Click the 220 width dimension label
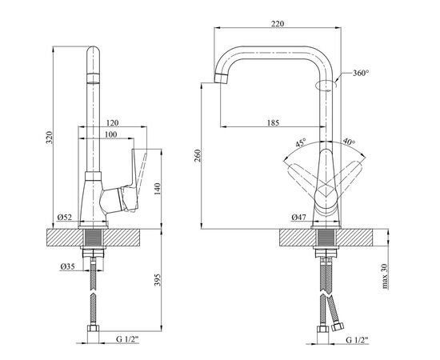click(278, 23)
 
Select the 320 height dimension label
click(50, 138)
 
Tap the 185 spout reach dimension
click(273, 122)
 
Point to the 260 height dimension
click(198, 156)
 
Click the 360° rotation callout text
click(361, 73)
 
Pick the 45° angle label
click(300, 142)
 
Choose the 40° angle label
click(349, 142)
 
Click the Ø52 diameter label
click(65, 217)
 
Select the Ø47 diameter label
click(298, 217)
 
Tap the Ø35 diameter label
click(68, 266)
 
